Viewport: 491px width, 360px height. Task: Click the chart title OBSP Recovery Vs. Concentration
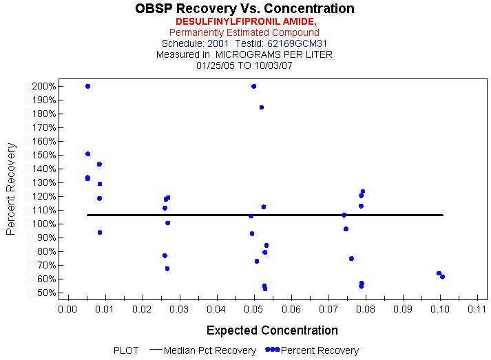pyautogui.click(x=245, y=9)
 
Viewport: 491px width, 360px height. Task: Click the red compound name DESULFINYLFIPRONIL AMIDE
pyautogui.click(x=244, y=21)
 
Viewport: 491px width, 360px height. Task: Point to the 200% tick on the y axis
pyautogui.click(x=43, y=86)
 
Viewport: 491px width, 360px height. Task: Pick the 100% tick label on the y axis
pyautogui.click(x=43, y=224)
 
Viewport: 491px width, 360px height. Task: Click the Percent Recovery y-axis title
pyautogui.click(x=11, y=189)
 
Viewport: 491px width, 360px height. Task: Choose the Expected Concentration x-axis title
pyautogui.click(x=272, y=330)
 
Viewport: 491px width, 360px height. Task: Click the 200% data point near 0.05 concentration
pyautogui.click(x=253, y=86)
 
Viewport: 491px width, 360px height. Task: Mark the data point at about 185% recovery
pyautogui.click(x=262, y=107)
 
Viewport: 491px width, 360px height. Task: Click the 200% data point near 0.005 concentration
pyautogui.click(x=87, y=86)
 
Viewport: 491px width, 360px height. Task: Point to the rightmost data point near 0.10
pyautogui.click(x=442, y=277)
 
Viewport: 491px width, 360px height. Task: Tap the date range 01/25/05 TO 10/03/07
pyautogui.click(x=244, y=65)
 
